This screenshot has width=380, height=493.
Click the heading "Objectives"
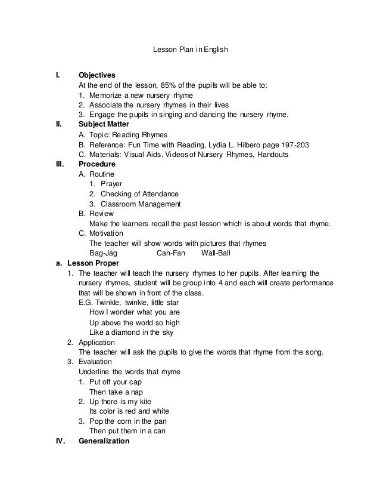(x=97, y=76)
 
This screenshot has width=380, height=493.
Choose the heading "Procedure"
(x=97, y=164)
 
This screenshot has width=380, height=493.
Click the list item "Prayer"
(x=111, y=184)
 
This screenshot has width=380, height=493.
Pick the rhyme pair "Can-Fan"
(x=171, y=252)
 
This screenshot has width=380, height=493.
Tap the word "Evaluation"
(x=96, y=362)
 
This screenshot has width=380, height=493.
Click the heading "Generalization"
(x=104, y=441)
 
